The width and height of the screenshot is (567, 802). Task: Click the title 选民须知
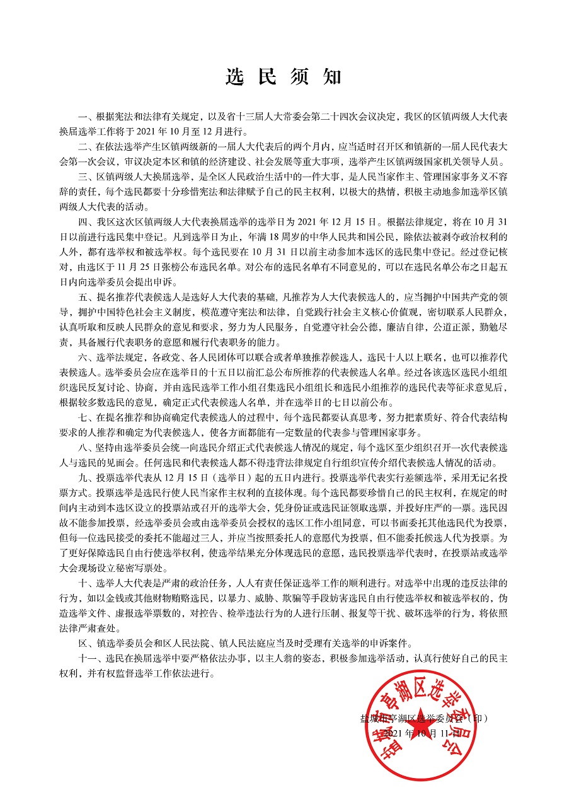(x=283, y=77)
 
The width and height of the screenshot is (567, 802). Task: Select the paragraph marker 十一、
(x=89, y=659)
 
